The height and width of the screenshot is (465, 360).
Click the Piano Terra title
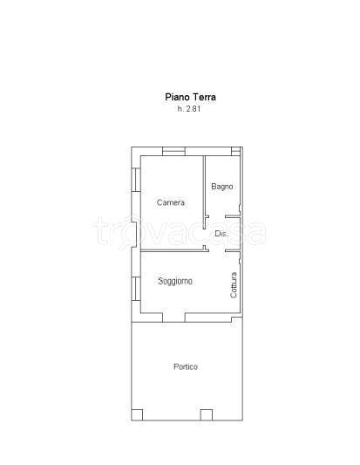click(190, 97)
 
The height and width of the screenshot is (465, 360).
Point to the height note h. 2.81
click(189, 109)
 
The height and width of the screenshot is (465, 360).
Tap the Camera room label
click(171, 202)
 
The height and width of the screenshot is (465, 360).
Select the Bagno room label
click(222, 187)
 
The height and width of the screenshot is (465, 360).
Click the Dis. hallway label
click(221, 234)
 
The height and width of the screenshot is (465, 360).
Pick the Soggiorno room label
click(175, 281)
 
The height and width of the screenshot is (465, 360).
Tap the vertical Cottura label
click(234, 285)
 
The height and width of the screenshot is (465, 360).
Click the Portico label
click(186, 366)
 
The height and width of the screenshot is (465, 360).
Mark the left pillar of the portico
click(137, 415)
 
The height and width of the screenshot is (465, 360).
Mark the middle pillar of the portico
click(207, 415)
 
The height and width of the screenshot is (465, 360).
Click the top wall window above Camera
click(174, 151)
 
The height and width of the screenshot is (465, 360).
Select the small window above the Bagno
click(235, 151)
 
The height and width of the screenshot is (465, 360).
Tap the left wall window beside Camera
click(136, 180)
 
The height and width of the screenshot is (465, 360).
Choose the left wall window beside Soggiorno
click(136, 289)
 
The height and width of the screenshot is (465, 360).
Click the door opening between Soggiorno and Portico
click(173, 318)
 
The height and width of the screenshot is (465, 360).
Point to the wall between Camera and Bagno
click(204, 192)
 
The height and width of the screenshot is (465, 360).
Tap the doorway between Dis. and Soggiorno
click(217, 251)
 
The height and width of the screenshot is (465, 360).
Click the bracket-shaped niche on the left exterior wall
click(134, 231)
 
